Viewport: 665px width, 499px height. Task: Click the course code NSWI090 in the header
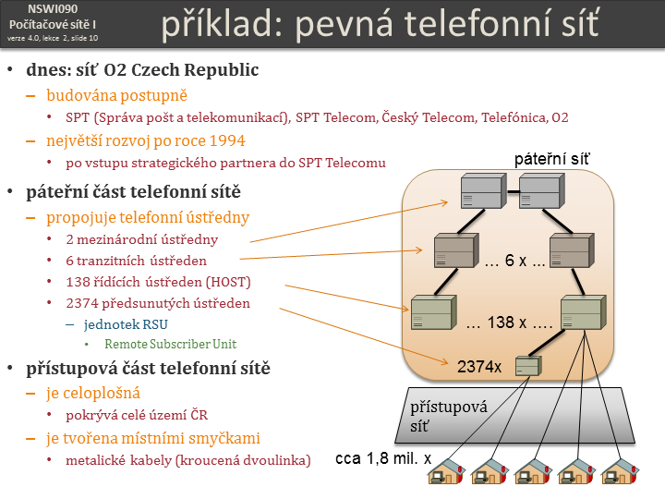click(x=52, y=8)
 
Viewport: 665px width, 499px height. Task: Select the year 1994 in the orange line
click(x=226, y=140)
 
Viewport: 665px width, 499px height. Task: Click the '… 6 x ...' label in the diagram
click(x=514, y=262)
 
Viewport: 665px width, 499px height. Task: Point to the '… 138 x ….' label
click(x=511, y=324)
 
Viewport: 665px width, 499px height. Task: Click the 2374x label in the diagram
click(x=479, y=366)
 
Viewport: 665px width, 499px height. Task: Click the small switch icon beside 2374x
click(x=528, y=367)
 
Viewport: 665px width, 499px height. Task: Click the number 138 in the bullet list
click(x=78, y=281)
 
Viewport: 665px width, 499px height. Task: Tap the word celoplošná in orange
click(x=93, y=393)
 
